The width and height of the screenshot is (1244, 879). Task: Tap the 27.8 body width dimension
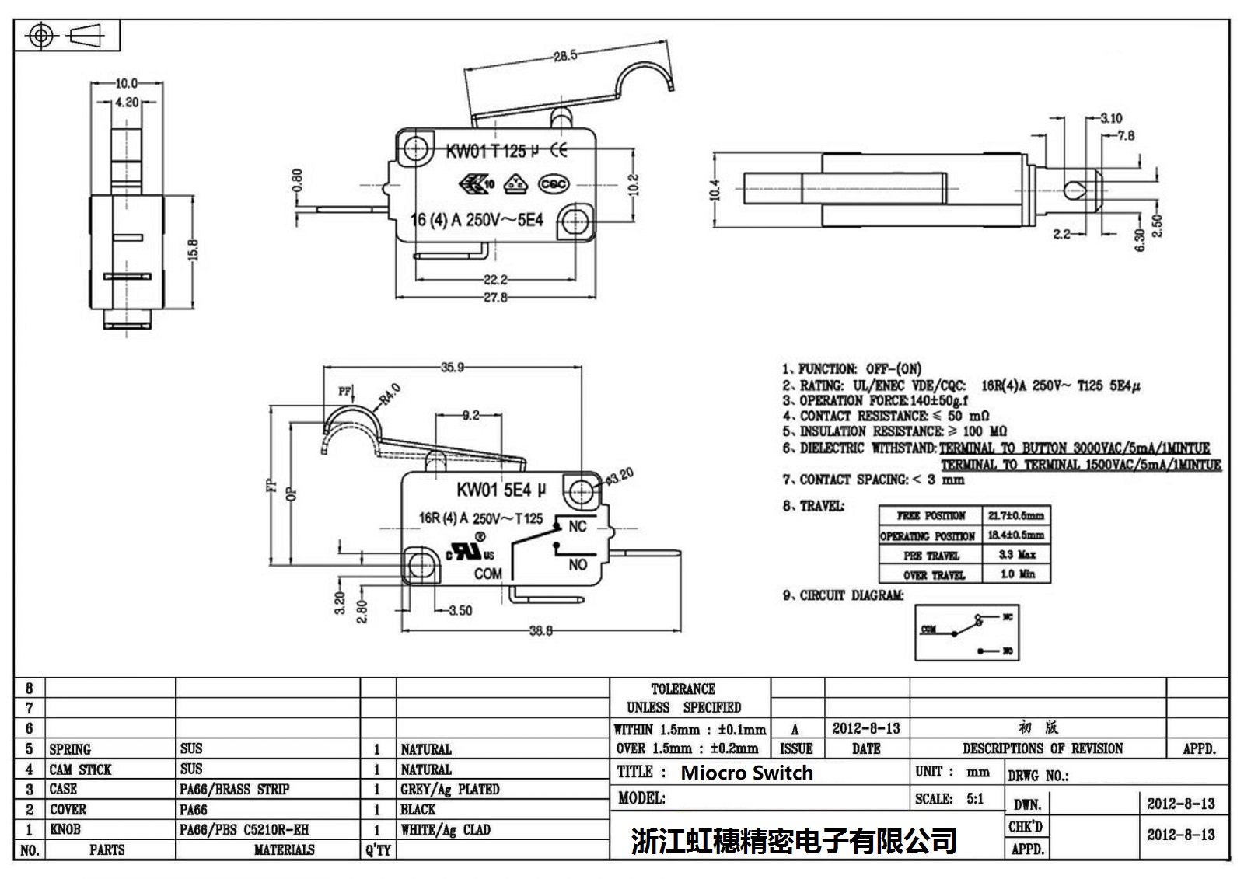[494, 298]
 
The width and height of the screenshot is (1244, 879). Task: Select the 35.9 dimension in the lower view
[452, 367]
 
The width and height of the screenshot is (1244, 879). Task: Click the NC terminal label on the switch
[577, 527]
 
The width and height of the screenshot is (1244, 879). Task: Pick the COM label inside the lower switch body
[488, 574]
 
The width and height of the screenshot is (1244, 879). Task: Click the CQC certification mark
[554, 184]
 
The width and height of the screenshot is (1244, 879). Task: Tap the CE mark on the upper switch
[558, 150]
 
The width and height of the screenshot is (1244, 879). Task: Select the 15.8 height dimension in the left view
[193, 249]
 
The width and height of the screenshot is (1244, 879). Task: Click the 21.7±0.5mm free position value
[1015, 515]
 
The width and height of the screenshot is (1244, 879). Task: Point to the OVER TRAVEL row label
[934, 575]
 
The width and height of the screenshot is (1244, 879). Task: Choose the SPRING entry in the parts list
[70, 749]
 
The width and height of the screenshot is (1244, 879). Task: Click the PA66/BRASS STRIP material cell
[234, 789]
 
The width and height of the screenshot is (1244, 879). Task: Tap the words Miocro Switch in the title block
[746, 773]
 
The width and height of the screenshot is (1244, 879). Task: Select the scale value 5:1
[974, 798]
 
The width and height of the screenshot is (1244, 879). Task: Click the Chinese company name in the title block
[794, 840]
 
